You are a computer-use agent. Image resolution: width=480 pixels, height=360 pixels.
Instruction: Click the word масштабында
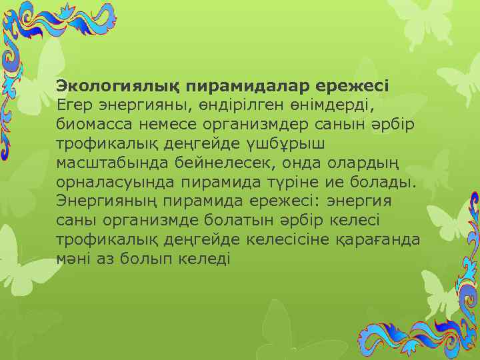(109, 163)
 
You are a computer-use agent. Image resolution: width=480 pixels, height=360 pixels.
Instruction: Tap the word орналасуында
(113, 181)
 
